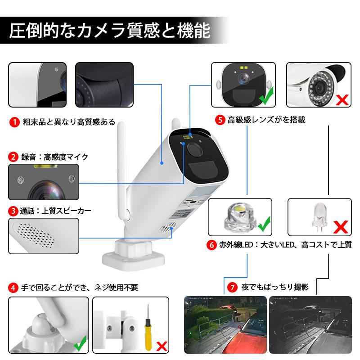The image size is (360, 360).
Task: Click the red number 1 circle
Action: [x=14, y=122]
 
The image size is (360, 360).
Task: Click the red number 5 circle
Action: [x=220, y=120]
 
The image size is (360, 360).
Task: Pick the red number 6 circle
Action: [x=211, y=246]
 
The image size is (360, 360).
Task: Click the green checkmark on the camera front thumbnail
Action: [x=267, y=95]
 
